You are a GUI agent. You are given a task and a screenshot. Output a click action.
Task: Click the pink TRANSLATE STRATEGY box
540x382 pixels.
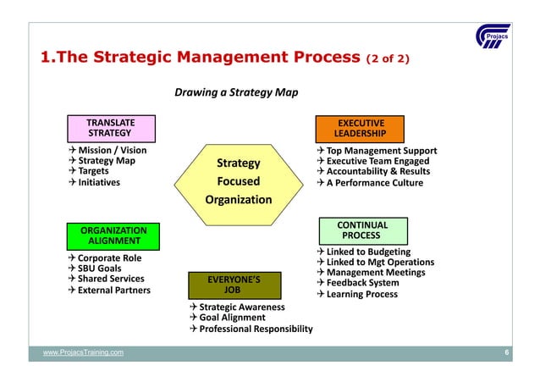click(110, 128)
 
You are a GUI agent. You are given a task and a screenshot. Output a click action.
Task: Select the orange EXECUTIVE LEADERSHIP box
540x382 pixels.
click(361, 128)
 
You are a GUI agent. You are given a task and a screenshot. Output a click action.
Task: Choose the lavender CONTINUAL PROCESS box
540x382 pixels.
click(361, 230)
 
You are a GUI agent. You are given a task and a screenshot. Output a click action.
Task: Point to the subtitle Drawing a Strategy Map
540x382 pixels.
click(236, 91)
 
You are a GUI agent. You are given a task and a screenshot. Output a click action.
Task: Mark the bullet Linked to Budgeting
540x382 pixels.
click(368, 252)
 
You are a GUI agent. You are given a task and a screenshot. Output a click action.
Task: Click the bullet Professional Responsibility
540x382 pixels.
click(256, 329)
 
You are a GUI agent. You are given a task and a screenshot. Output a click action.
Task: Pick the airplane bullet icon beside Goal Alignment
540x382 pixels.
click(194, 318)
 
